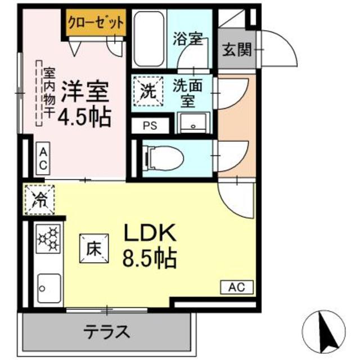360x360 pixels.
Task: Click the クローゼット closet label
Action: tap(96, 23)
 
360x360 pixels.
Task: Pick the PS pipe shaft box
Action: tap(150, 125)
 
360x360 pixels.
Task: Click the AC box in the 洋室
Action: tap(43, 159)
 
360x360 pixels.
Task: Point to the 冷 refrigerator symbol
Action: tap(40, 199)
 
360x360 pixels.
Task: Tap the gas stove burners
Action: tap(49, 238)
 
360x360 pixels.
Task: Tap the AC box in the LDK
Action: tap(237, 287)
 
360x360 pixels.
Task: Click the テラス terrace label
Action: tap(107, 330)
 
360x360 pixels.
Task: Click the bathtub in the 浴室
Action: tap(149, 37)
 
